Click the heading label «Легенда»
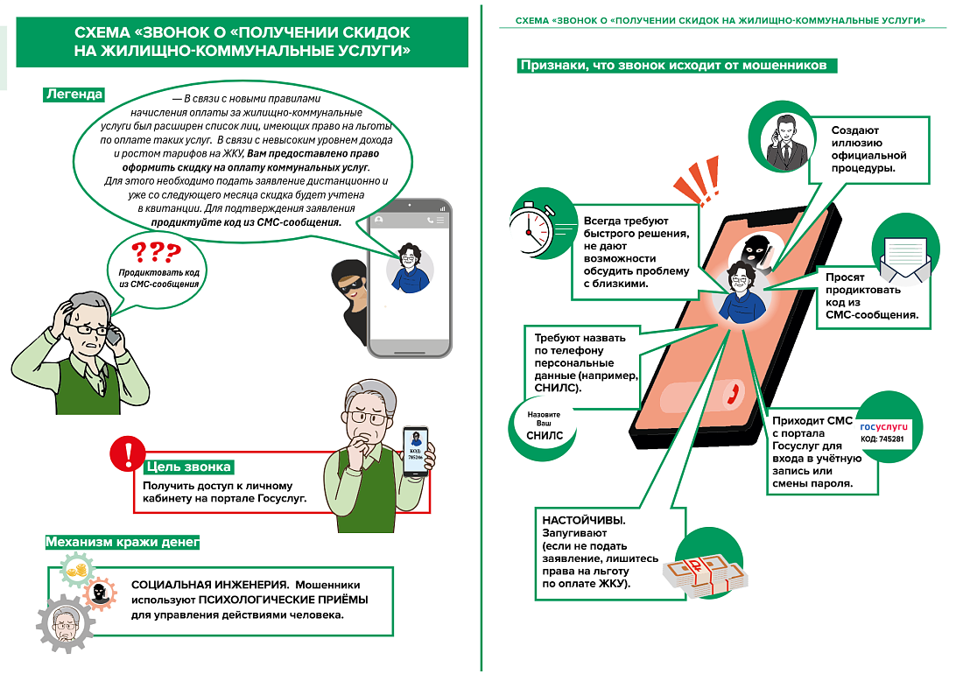pyautogui.click(x=74, y=95)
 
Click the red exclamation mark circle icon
pyautogui.click(x=128, y=453)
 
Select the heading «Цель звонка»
pyautogui.click(x=188, y=467)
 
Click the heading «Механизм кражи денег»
pyautogui.click(x=123, y=543)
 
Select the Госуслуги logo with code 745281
pyautogui.click(x=884, y=431)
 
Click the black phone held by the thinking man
pyautogui.click(x=416, y=449)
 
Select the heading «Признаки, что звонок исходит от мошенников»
pyautogui.click(x=678, y=66)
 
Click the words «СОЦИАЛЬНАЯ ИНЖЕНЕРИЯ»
pyautogui.click(x=209, y=584)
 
